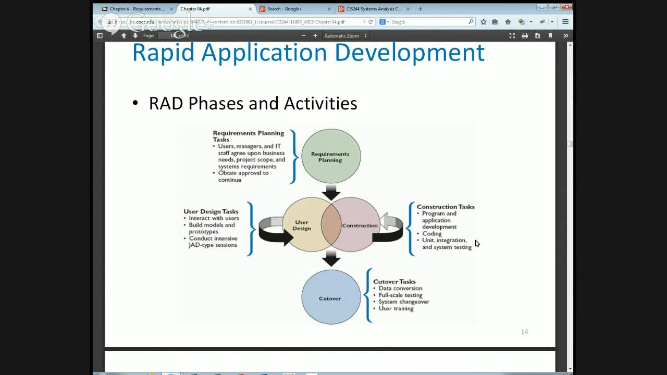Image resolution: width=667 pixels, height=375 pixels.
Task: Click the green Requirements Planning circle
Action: tap(331, 156)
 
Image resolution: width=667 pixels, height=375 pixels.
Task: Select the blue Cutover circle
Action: tap(330, 298)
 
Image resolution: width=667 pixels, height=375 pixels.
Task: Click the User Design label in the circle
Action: tap(301, 225)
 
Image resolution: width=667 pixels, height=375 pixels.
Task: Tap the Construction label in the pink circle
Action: tap(360, 226)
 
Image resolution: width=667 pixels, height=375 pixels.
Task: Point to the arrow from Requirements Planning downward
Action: tap(331, 192)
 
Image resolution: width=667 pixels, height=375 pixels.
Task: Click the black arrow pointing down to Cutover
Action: tap(331, 258)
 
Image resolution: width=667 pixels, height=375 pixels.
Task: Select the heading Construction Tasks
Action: tap(446, 207)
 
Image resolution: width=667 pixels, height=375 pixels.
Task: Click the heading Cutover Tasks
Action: tap(394, 282)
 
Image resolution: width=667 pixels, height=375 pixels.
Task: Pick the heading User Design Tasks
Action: tap(211, 211)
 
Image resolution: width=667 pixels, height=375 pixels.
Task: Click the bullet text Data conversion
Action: tap(400, 289)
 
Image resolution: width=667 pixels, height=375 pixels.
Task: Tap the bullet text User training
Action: tap(396, 309)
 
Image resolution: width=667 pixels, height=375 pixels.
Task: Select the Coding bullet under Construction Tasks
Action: tap(431, 234)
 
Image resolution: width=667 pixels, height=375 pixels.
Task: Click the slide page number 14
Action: tap(524, 332)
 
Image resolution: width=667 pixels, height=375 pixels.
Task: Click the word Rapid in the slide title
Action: tap(164, 53)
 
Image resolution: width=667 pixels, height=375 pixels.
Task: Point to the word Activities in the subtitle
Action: tap(320, 103)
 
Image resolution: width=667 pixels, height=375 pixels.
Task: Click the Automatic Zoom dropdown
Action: tap(345, 36)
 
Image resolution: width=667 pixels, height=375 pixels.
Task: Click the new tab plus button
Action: tap(421, 9)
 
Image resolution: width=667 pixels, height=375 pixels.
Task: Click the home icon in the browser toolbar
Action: tap(508, 22)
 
